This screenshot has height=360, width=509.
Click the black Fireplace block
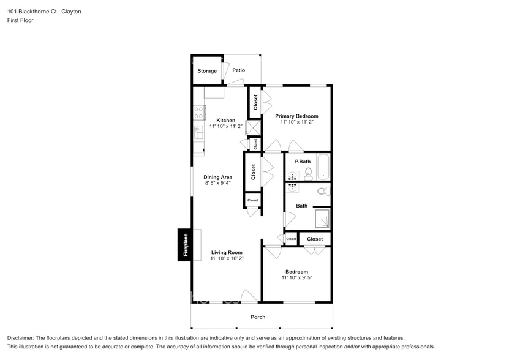click(x=184, y=245)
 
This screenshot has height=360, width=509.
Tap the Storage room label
click(x=206, y=71)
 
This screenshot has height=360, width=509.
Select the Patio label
click(x=238, y=70)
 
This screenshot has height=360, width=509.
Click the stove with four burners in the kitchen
click(x=198, y=112)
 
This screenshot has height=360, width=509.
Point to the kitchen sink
click(x=198, y=130)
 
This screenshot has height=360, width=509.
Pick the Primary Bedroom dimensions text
click(x=296, y=122)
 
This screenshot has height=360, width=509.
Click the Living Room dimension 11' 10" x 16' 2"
click(x=227, y=259)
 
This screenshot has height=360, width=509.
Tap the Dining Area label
click(x=218, y=178)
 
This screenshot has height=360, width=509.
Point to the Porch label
click(x=258, y=317)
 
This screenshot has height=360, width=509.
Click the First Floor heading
click(x=20, y=20)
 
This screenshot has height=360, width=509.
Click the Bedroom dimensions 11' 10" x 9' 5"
click(x=296, y=278)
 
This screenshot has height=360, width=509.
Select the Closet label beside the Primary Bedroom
click(x=255, y=102)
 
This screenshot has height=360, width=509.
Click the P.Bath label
click(x=303, y=162)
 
